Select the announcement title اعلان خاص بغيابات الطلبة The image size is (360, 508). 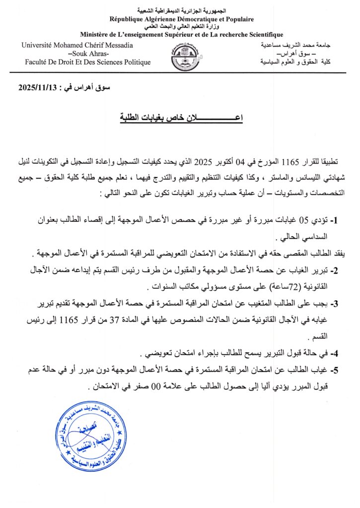(180, 118)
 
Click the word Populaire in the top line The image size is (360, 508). (239, 19)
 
